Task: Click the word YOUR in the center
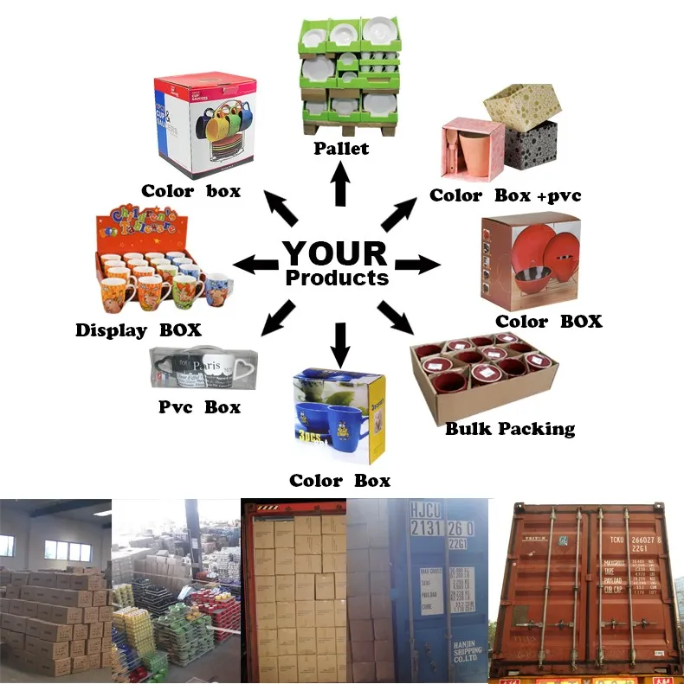[335, 253]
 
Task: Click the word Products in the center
[337, 278]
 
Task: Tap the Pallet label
[341, 148]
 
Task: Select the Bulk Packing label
[509, 428]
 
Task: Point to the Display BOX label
[139, 329]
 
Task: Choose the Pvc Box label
[200, 406]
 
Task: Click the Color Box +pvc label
[506, 195]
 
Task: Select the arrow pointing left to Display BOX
[255, 265]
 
